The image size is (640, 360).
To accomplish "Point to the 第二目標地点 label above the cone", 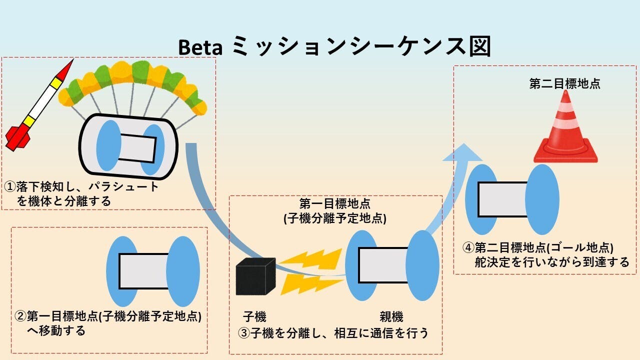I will coord(565,83).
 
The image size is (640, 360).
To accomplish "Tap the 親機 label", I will coord(391,316).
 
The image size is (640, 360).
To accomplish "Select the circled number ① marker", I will coord(10,187).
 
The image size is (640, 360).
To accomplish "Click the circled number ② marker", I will coord(20,316).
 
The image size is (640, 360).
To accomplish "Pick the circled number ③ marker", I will coord(244,333).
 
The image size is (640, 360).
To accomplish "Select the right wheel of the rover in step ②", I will coord(183,271).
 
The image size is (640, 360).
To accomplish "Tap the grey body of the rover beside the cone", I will coord(502,199).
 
